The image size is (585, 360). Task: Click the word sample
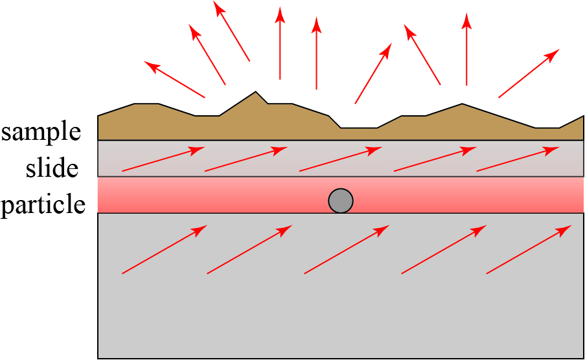coord(41,132)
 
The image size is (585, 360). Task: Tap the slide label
coord(52,168)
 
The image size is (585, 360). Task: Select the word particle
coord(43,205)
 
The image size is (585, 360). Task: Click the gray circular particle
coord(341,201)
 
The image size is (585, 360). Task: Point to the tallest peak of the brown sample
coord(256,93)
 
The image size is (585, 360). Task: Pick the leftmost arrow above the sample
coord(174,80)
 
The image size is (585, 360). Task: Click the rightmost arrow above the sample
coord(529,73)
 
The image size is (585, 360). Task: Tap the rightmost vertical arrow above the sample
coord(466,49)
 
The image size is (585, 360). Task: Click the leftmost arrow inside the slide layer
coord(163,159)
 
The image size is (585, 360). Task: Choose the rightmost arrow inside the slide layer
coord(518,159)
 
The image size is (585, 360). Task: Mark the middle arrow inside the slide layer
coord(341,159)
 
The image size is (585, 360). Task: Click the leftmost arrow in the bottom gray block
coord(165,249)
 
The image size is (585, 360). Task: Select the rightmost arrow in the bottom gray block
coord(529,249)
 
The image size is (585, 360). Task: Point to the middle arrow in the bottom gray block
coord(347,249)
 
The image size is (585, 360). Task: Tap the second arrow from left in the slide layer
coord(246,159)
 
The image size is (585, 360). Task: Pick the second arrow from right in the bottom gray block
coord(444,249)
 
